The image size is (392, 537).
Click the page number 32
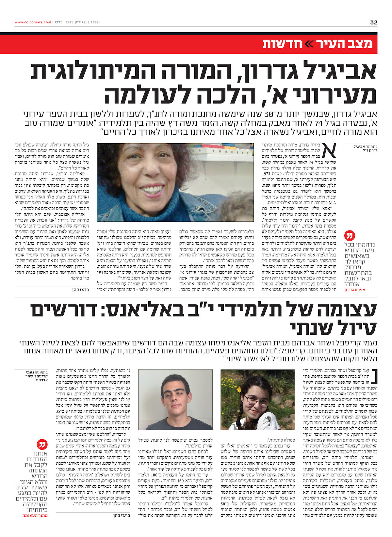point(374,23)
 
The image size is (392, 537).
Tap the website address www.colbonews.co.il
point(33,23)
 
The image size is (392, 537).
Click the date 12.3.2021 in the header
point(93,23)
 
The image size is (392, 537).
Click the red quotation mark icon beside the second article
point(42,445)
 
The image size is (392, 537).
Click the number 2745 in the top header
point(70,23)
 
